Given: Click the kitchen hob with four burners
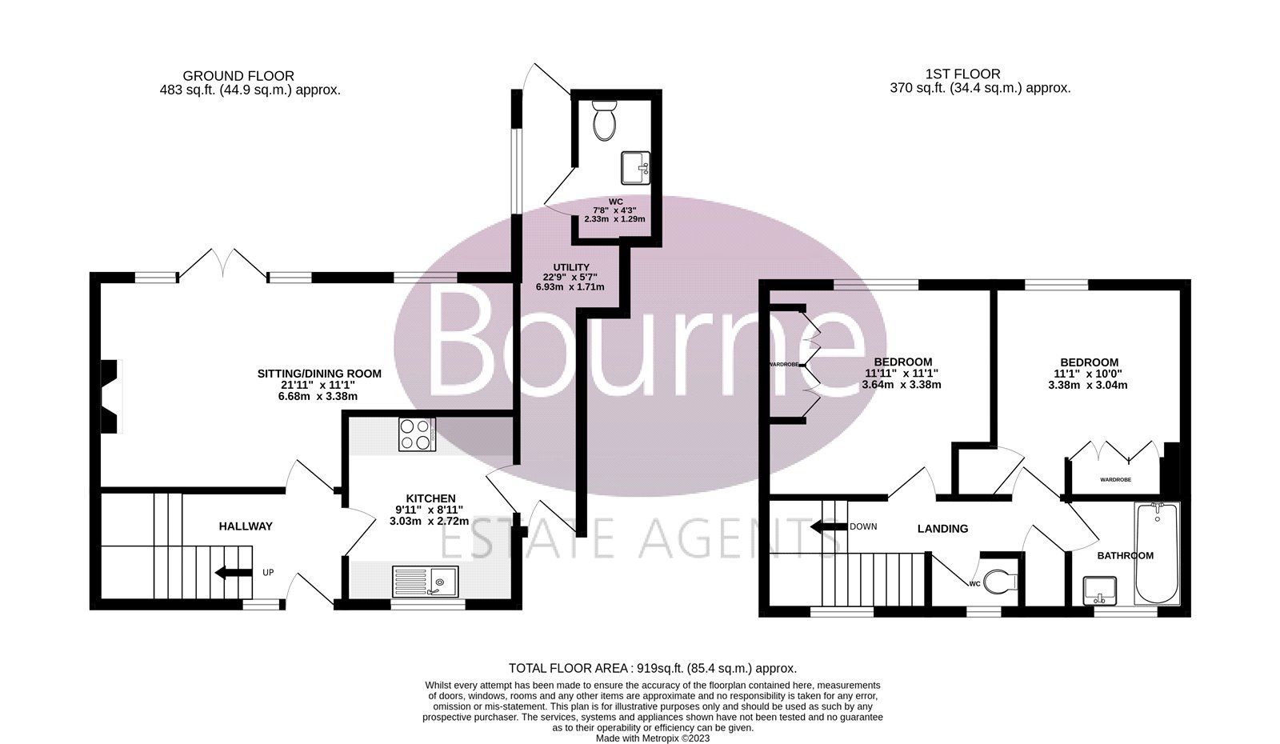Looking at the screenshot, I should point(417,434).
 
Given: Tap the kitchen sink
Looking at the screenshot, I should point(425,580).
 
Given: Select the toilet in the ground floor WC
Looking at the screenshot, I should point(603,121).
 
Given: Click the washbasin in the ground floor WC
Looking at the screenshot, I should point(637,167).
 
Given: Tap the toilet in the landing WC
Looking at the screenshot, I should point(998,582).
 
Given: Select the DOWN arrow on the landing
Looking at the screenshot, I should point(828,527).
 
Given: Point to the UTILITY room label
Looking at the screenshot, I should point(571,267).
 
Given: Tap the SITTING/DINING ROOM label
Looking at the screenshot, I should point(319,374).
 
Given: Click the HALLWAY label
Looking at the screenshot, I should point(246,526).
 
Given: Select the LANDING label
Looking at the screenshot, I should point(942,529).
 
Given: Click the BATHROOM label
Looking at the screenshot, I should point(1125,555).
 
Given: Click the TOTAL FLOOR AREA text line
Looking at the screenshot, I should point(653,668).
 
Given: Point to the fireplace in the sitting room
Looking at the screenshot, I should point(110,397).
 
